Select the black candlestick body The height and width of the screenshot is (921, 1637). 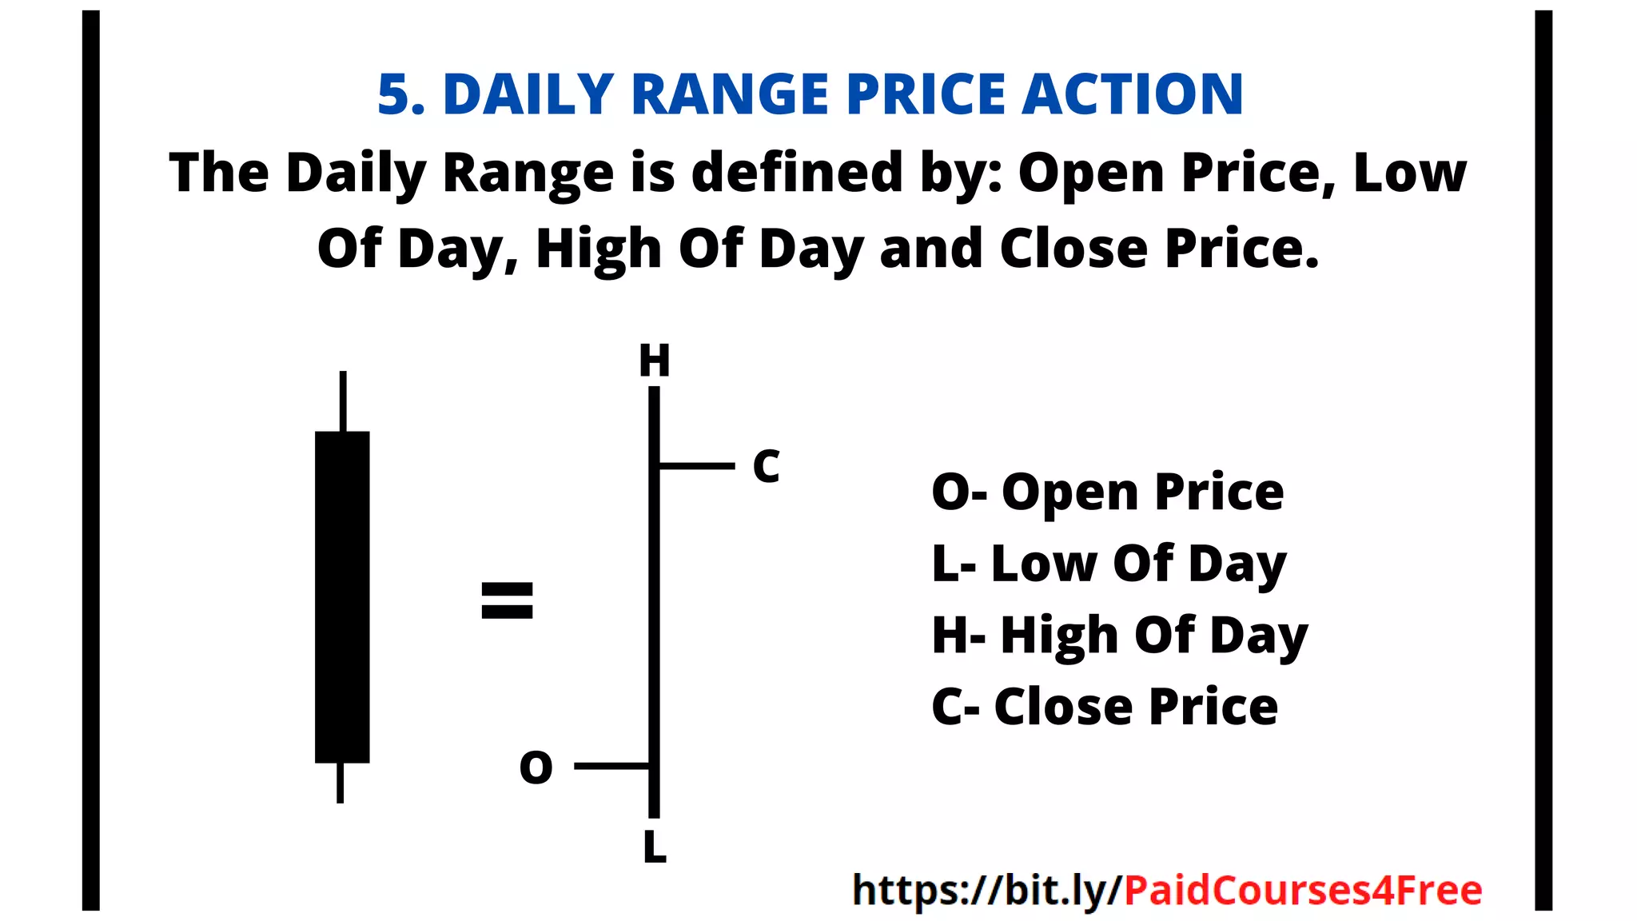tap(342, 596)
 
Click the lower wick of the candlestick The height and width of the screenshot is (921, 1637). tap(341, 783)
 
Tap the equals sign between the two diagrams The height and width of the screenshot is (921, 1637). tap(507, 600)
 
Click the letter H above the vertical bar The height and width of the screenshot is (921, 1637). tap(654, 361)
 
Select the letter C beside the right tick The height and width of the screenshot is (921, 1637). tap(766, 466)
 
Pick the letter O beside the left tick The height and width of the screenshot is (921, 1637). tap(536, 767)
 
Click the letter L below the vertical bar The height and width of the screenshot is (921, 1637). tap(655, 847)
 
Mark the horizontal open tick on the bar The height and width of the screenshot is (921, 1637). tap(612, 766)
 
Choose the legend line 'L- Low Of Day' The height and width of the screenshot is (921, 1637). tap(1109, 564)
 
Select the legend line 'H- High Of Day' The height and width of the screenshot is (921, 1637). tap(1119, 636)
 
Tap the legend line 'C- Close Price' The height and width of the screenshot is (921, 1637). tap(1105, 707)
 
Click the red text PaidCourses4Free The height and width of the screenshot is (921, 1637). tap(1303, 890)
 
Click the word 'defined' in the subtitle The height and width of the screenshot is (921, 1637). tap(797, 172)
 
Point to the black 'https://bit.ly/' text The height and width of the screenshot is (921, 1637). tap(988, 890)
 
